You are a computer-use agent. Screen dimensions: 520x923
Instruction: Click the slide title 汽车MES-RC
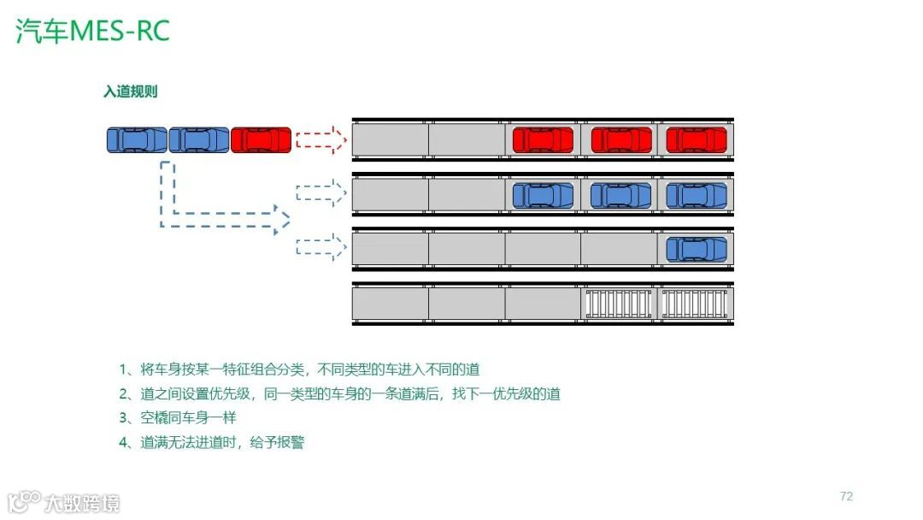point(93,31)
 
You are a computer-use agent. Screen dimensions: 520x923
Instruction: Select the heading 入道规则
point(130,92)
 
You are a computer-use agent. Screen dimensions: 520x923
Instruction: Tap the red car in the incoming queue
point(261,139)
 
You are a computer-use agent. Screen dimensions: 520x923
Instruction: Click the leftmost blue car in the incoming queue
point(137,139)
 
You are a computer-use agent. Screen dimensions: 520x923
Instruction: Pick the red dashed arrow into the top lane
point(320,139)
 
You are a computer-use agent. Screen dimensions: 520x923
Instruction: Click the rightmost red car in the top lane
point(697,139)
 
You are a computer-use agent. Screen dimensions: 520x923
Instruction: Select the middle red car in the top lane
point(621,139)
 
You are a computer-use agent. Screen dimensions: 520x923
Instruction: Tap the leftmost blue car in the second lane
point(543,195)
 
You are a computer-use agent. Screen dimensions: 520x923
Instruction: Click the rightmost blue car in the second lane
point(697,195)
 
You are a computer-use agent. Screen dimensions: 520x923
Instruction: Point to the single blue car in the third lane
point(697,249)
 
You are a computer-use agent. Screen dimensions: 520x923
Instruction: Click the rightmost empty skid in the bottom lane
point(697,304)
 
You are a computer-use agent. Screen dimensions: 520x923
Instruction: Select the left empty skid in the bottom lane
point(619,304)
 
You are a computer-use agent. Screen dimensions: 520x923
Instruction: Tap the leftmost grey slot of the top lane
point(391,139)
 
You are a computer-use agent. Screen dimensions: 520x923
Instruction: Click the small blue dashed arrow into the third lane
point(320,248)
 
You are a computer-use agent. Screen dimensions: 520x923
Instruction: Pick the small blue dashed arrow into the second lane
point(320,194)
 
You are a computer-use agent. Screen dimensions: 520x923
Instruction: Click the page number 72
point(846,496)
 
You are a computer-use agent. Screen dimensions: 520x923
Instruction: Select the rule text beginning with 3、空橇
point(178,418)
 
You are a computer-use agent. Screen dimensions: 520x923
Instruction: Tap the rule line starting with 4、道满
point(212,442)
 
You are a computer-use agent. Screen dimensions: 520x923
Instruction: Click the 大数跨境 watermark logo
point(64,502)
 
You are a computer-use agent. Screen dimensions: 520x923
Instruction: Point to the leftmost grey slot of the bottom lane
point(391,304)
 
